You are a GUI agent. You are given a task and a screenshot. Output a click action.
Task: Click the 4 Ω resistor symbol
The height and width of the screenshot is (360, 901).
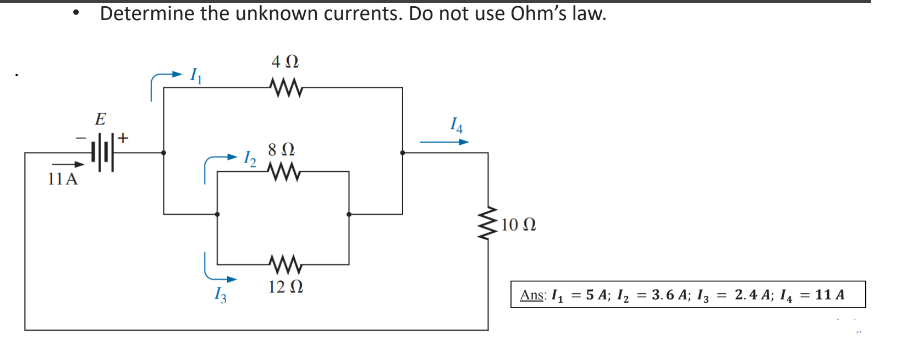pos(285,88)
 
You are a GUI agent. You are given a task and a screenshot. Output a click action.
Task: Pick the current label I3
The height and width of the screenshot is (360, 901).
pos(221,297)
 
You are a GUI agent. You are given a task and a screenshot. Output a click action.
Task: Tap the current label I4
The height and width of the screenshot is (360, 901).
pos(456,125)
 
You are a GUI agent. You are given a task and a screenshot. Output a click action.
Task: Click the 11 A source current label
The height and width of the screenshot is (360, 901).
pos(62,181)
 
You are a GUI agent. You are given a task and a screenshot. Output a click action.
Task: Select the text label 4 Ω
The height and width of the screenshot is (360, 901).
pos(284,62)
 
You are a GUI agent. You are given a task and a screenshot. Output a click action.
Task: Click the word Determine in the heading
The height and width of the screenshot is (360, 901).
pos(151,14)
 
